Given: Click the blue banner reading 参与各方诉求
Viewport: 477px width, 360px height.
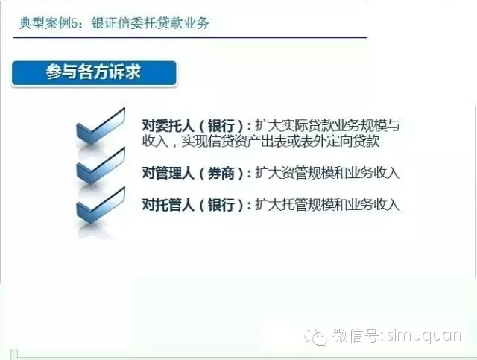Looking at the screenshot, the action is [x=94, y=73].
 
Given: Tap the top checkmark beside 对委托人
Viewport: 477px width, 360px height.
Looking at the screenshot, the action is [x=101, y=126].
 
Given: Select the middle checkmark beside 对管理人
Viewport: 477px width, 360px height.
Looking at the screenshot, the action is [x=101, y=165].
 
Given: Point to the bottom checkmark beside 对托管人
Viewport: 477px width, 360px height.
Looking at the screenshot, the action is [x=101, y=205].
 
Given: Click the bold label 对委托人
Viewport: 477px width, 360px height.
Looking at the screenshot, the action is [x=168, y=125].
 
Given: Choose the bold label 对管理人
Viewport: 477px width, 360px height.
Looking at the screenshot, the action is [x=168, y=173].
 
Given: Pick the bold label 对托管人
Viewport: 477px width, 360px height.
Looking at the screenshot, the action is [x=168, y=204].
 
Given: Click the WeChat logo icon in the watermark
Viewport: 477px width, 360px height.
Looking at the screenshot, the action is [x=316, y=337].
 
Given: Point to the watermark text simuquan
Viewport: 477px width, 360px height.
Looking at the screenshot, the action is [x=424, y=335].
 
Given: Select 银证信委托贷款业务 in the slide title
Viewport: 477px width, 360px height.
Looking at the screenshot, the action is [x=151, y=23].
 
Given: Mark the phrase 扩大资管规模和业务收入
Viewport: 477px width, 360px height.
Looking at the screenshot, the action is [x=327, y=173].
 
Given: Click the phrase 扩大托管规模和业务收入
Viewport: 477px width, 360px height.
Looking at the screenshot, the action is [x=327, y=204].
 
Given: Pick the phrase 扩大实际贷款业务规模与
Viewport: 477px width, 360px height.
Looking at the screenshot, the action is [x=327, y=125].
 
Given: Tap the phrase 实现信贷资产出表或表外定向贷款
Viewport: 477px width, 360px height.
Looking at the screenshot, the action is [x=280, y=141].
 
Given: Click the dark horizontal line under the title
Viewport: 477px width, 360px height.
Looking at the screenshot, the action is [x=191, y=37].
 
